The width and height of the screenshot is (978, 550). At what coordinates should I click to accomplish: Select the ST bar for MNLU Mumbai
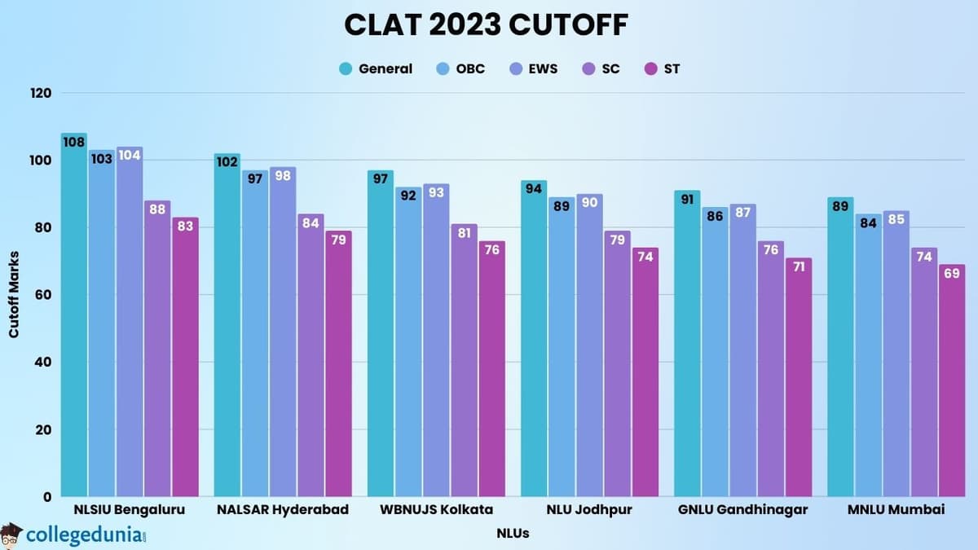coord(951,383)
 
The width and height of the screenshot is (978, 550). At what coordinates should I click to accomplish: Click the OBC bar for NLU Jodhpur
coord(562,350)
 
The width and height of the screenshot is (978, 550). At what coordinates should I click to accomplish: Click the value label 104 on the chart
coord(130,155)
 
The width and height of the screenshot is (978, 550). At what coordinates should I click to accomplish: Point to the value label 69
coord(951,273)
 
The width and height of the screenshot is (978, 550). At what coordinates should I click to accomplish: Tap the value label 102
coord(227,161)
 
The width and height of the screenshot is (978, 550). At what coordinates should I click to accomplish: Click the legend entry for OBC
coord(460,68)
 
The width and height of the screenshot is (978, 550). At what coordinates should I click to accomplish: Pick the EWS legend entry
coord(533,68)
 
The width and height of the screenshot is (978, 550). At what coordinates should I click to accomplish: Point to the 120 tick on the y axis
coord(42,93)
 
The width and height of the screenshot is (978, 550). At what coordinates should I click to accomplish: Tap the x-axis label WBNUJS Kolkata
coord(436,510)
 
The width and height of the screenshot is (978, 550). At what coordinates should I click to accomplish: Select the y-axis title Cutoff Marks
coord(14,295)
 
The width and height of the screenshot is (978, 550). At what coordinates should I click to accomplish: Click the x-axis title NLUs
coord(513,534)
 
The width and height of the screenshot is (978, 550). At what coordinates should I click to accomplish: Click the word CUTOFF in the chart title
coord(569,24)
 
